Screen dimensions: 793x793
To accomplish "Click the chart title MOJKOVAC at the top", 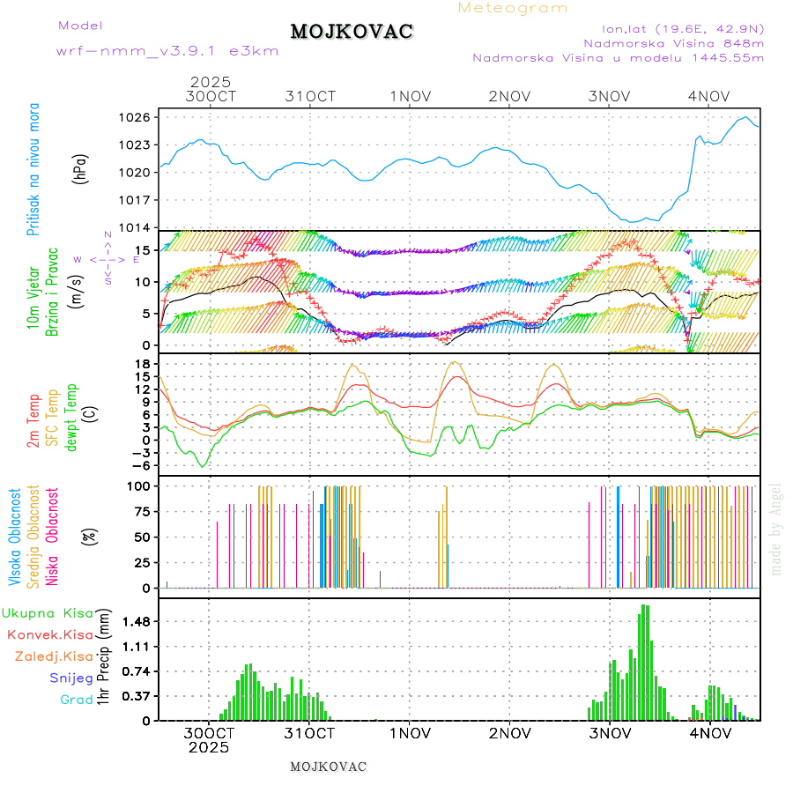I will pos(352,32).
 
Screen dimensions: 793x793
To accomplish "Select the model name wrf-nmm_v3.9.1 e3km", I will pos(167,51).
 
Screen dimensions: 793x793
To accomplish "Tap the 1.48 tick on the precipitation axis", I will pos(135,621).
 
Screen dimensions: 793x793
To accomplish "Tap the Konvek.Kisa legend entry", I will pos(49,634).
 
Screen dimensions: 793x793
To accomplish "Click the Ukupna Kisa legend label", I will pos(48,612).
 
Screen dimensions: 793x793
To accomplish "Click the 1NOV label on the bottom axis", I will pos(411,733).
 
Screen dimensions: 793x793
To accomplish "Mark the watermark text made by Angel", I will pos(776,529).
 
